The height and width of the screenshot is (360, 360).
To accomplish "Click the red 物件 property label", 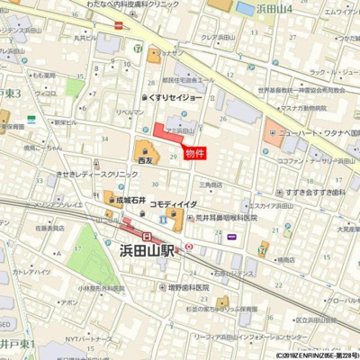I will click(195, 153).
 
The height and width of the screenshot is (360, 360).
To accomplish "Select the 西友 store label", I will click(144, 160).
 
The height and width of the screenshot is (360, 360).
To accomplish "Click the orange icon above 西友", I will click(144, 147).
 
